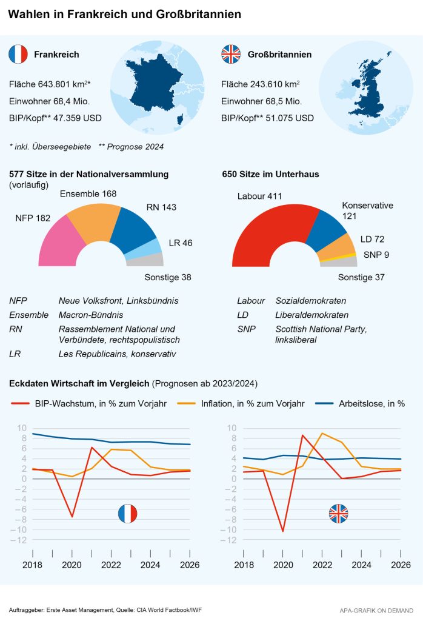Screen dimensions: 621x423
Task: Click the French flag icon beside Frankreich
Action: click(x=18, y=55)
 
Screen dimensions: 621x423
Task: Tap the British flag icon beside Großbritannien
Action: click(x=230, y=55)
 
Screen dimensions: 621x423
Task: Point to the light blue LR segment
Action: click(x=154, y=247)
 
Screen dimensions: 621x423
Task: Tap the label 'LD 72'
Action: click(x=372, y=240)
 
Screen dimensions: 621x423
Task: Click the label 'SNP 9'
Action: click(x=376, y=255)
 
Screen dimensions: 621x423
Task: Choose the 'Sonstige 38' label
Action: click(x=168, y=277)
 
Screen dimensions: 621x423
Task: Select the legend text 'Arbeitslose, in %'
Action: click(x=371, y=403)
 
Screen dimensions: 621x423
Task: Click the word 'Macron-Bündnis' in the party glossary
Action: click(x=90, y=315)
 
